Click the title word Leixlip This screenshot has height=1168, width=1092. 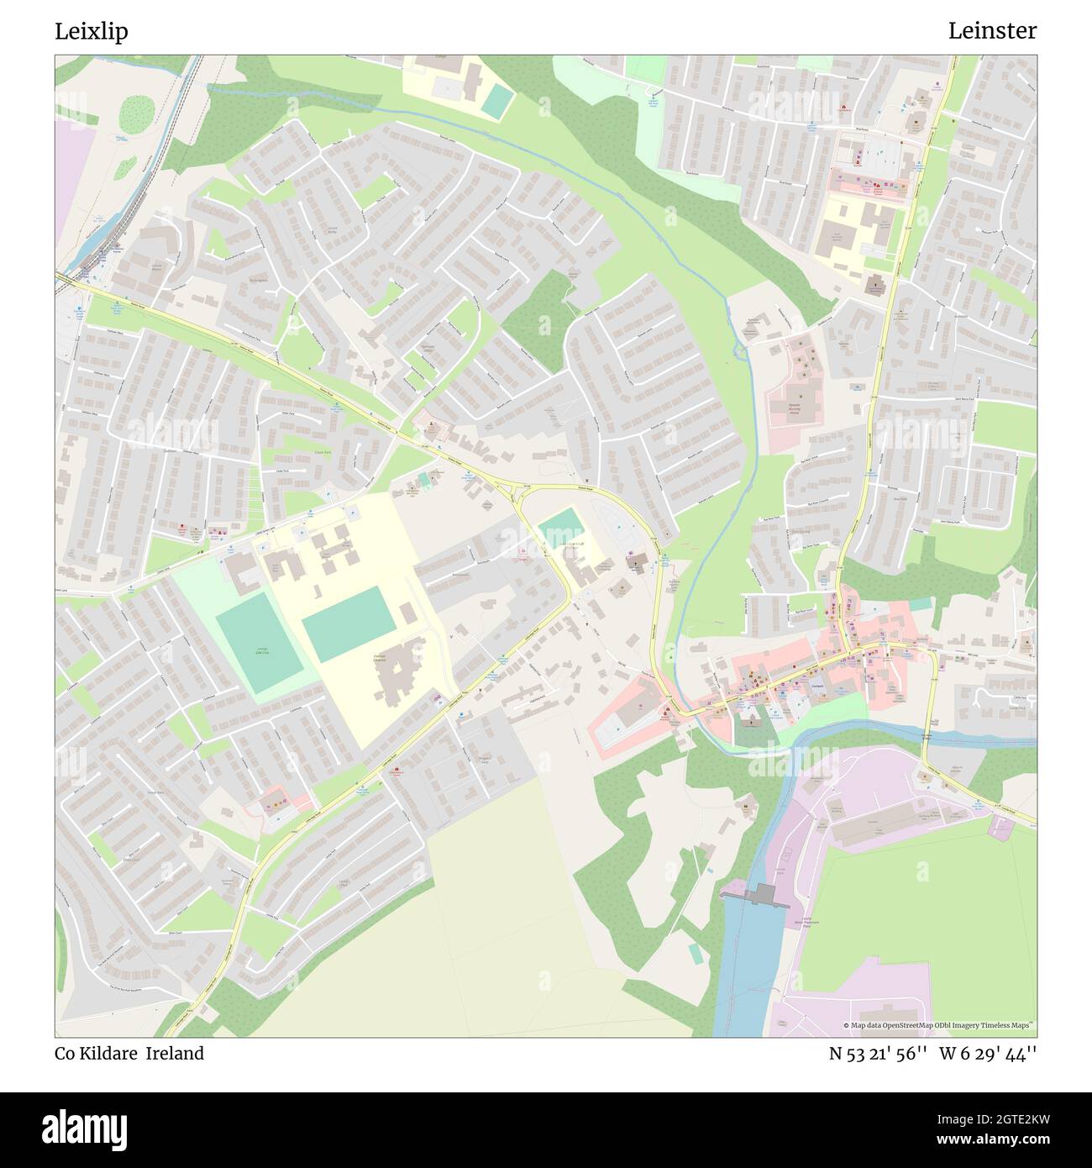click(x=92, y=31)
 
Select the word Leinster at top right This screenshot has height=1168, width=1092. click(x=992, y=31)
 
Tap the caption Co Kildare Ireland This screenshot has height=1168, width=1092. click(x=129, y=1054)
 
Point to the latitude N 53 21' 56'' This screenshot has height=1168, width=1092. click(x=878, y=1054)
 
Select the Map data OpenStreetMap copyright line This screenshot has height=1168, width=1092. click(x=928, y=1025)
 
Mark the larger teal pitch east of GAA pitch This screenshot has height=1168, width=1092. click(x=348, y=625)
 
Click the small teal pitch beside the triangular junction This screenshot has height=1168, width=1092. click(x=561, y=527)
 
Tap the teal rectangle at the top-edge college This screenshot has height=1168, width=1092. click(x=497, y=101)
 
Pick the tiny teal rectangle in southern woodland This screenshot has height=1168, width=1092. click(x=694, y=953)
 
